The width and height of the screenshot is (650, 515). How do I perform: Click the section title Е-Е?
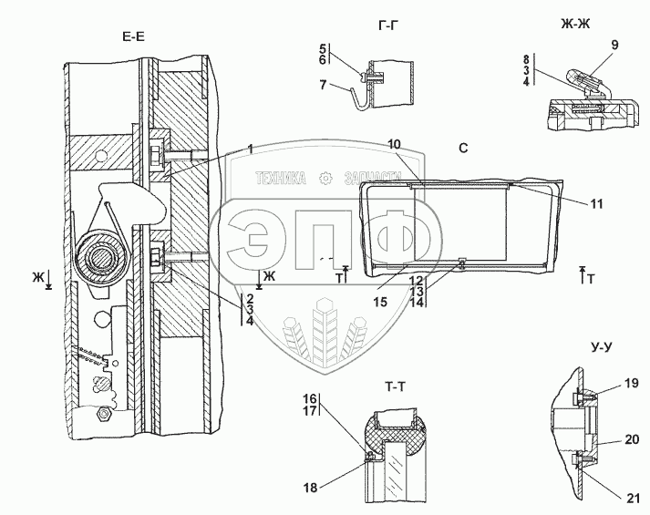(x=133, y=36)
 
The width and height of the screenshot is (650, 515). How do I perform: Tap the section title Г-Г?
(x=388, y=26)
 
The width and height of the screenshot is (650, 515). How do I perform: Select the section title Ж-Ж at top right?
(x=575, y=25)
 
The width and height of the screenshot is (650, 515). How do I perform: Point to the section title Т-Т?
(x=395, y=387)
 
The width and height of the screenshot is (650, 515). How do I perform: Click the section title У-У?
(x=601, y=347)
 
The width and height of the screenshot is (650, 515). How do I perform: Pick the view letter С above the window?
(x=463, y=148)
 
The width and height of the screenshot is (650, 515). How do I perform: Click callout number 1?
(x=250, y=149)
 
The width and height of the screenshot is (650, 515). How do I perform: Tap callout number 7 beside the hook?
(x=323, y=85)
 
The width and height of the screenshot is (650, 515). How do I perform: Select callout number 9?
(x=614, y=45)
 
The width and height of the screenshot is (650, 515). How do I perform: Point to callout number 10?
(x=394, y=144)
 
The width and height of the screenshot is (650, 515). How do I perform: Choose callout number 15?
(x=380, y=302)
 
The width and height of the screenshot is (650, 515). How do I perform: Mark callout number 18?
(x=310, y=488)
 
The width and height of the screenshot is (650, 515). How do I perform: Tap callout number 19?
(x=632, y=384)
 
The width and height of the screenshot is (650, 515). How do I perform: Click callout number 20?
(x=632, y=439)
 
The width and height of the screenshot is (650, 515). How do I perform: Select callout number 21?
(x=633, y=499)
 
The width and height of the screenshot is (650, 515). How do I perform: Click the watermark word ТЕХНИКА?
(x=281, y=179)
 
